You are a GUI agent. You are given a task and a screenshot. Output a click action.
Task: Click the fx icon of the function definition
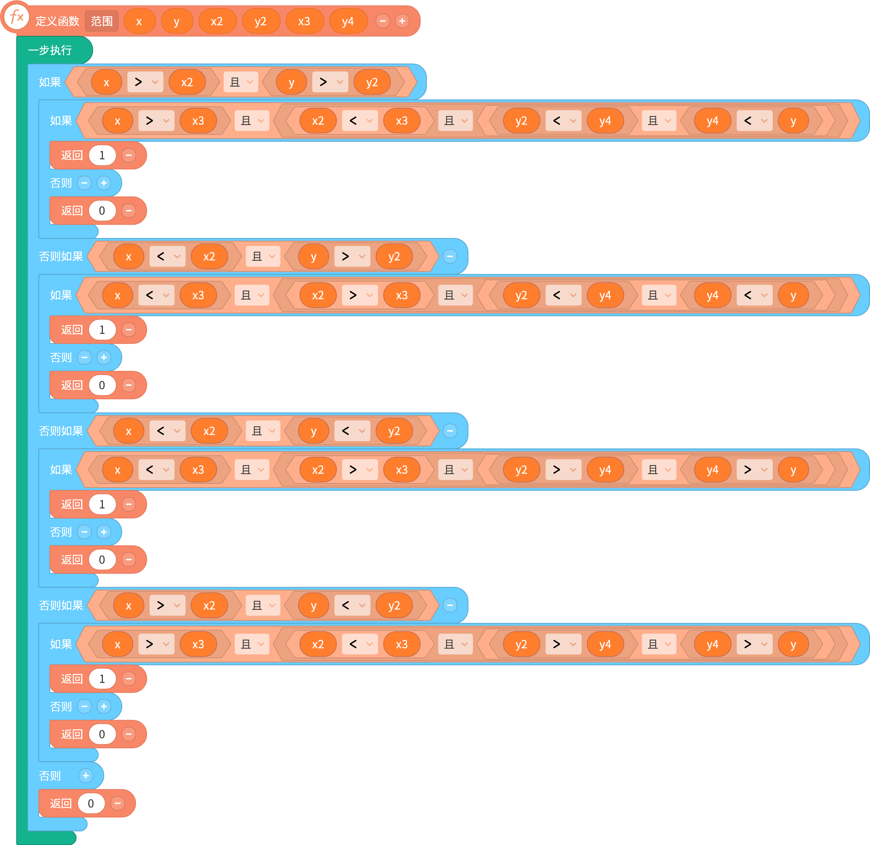pos(16,17)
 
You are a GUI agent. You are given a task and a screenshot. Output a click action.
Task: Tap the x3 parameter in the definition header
pos(304,21)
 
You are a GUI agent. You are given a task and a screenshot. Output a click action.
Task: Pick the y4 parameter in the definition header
pos(348,21)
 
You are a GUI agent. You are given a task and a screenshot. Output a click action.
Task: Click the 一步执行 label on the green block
pos(50,50)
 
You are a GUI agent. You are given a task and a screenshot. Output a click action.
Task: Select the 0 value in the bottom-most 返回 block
pos(91,803)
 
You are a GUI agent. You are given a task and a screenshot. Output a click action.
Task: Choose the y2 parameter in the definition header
pos(260,21)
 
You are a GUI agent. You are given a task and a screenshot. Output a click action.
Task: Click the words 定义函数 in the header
pos(57,21)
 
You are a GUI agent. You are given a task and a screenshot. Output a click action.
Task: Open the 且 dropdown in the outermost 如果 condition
pos(241,82)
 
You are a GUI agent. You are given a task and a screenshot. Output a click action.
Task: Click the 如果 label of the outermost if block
pos(50,82)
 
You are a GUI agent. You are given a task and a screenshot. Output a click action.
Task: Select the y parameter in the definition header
pos(177,21)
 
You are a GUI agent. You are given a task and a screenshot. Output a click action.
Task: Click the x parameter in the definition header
pos(139,21)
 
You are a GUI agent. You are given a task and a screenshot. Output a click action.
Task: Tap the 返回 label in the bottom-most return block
pos(61,803)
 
